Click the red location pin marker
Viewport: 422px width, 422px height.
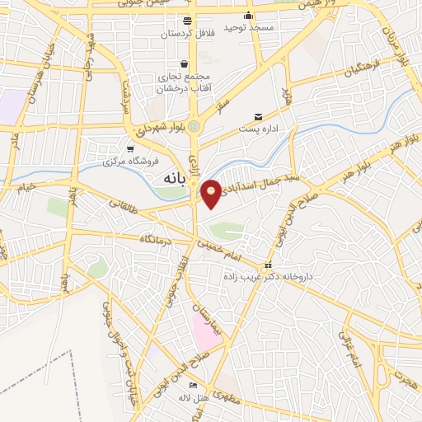[x=212, y=193]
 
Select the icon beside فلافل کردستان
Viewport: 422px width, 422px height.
[x=188, y=19]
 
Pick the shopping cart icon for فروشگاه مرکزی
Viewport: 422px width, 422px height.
[x=131, y=148]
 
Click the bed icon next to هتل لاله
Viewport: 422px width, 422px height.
[x=194, y=385]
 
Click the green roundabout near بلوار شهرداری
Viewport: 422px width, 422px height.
[x=195, y=126]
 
